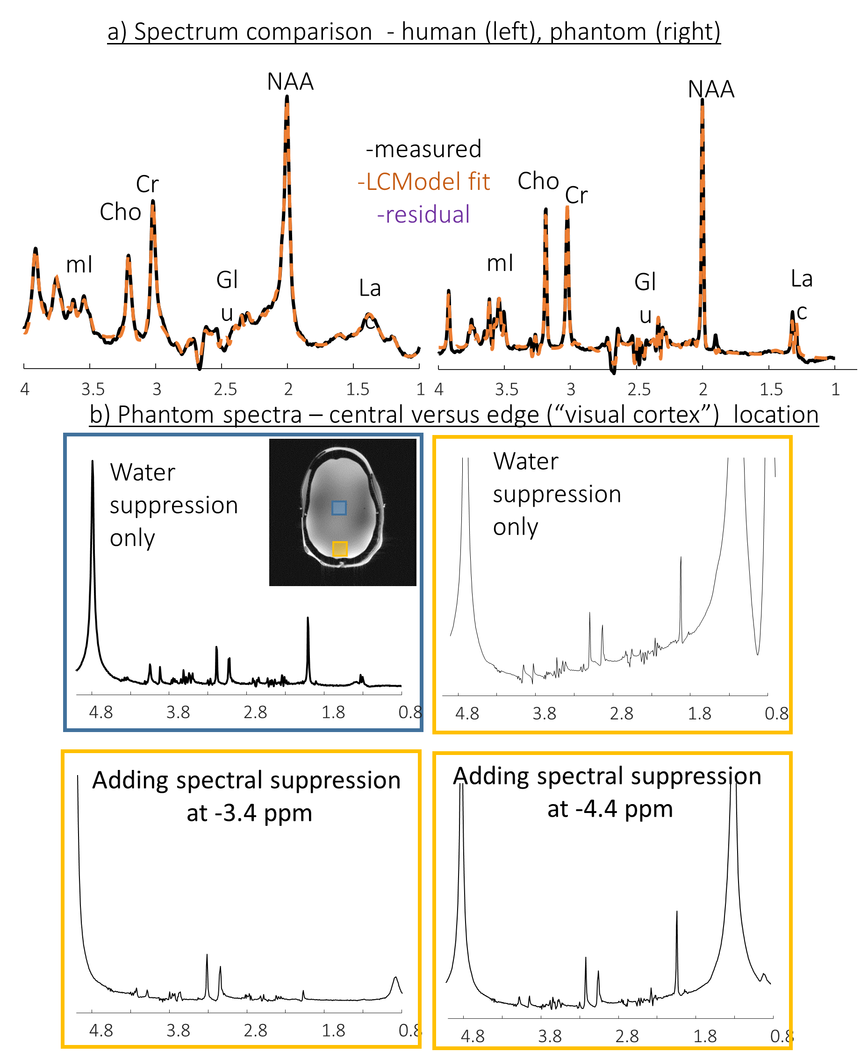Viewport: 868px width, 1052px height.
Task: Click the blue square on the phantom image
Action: (339, 508)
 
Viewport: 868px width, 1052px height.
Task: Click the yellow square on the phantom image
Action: (340, 549)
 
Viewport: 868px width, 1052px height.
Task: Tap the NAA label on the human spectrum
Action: (290, 81)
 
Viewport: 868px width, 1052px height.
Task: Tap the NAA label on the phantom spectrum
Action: (710, 89)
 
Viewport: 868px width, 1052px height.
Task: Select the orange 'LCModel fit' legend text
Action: (424, 181)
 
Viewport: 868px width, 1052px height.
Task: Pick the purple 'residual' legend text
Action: (423, 215)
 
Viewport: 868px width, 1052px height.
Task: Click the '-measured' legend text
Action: (424, 149)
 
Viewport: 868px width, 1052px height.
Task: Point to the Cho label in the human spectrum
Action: (120, 212)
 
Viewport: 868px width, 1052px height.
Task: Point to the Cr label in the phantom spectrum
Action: (576, 195)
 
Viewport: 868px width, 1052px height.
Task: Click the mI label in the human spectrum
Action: (79, 265)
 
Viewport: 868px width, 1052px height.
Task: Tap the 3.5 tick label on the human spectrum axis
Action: (93, 389)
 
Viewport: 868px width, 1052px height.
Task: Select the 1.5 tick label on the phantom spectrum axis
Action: (771, 389)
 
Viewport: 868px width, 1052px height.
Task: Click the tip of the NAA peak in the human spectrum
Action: (287, 96)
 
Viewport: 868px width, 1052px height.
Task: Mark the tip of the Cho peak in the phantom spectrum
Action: (545, 209)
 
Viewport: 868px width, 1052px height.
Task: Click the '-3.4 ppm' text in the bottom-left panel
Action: (250, 813)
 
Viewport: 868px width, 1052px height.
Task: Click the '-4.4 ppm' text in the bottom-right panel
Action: (610, 809)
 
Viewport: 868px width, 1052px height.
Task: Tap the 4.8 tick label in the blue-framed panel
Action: (100, 712)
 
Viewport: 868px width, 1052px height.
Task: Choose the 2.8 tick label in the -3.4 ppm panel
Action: (256, 1030)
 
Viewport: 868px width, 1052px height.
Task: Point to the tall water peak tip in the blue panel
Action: (93, 461)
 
